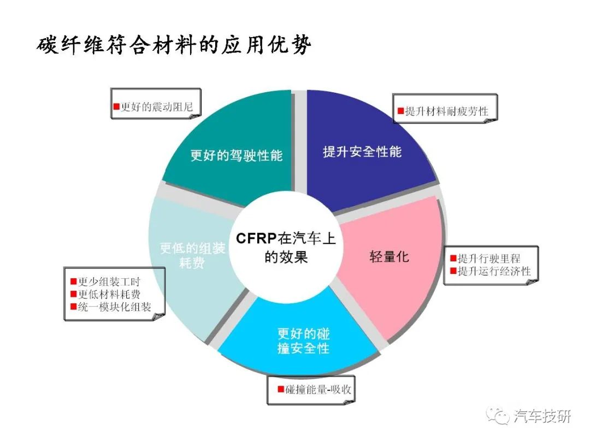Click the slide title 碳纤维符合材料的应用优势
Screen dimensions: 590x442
click(174, 45)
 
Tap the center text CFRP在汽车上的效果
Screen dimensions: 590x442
click(286, 248)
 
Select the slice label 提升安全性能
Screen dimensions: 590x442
click(362, 152)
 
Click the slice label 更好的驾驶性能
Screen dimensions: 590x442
click(237, 155)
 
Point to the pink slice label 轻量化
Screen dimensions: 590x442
click(389, 256)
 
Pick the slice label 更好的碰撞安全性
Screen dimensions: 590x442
click(303, 341)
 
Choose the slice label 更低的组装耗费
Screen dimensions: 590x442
click(192, 255)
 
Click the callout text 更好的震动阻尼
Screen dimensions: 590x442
click(157, 107)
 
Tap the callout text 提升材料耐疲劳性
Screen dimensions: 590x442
click(447, 111)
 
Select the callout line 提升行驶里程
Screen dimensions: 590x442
click(489, 259)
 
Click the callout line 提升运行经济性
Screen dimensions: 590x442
click(494, 271)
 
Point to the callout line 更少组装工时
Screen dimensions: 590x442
click(109, 282)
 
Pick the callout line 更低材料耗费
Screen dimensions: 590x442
click(109, 294)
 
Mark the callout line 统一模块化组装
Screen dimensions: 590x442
click(114, 307)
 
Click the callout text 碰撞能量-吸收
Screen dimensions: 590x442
click(318, 390)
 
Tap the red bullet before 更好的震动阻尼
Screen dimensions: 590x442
click(117, 107)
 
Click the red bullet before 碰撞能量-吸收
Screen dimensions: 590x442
click(281, 390)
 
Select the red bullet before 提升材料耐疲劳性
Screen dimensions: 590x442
click(401, 111)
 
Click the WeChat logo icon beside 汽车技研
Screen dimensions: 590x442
click(498, 415)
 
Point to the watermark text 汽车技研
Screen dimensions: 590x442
click(542, 416)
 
